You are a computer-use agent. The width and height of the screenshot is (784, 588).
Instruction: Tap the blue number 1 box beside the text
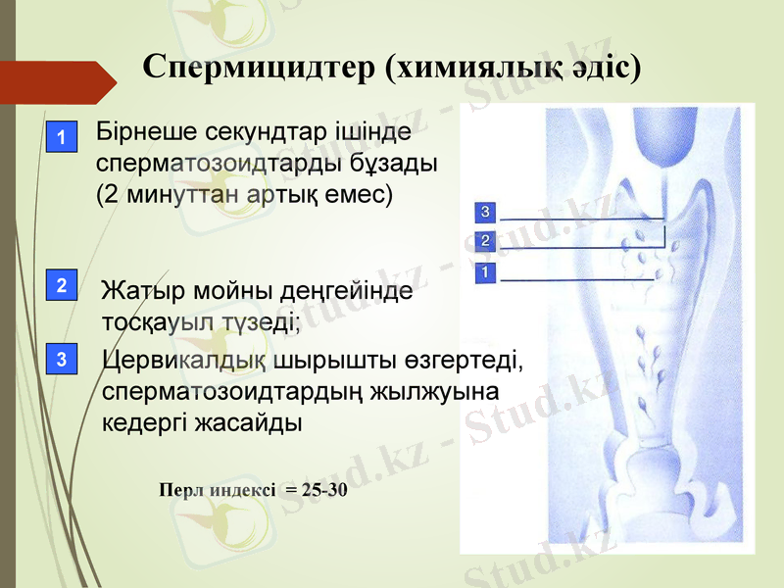[x=62, y=139]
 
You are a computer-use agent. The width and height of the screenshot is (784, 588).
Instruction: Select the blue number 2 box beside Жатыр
[x=62, y=286]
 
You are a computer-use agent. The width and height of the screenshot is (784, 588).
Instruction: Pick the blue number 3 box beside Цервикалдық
[x=62, y=360]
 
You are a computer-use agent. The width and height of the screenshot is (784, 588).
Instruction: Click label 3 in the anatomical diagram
[x=485, y=211]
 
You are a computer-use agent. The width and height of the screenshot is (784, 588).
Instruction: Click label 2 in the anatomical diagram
[x=485, y=240]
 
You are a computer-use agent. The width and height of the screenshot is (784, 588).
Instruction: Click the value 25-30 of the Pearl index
[x=324, y=489]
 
